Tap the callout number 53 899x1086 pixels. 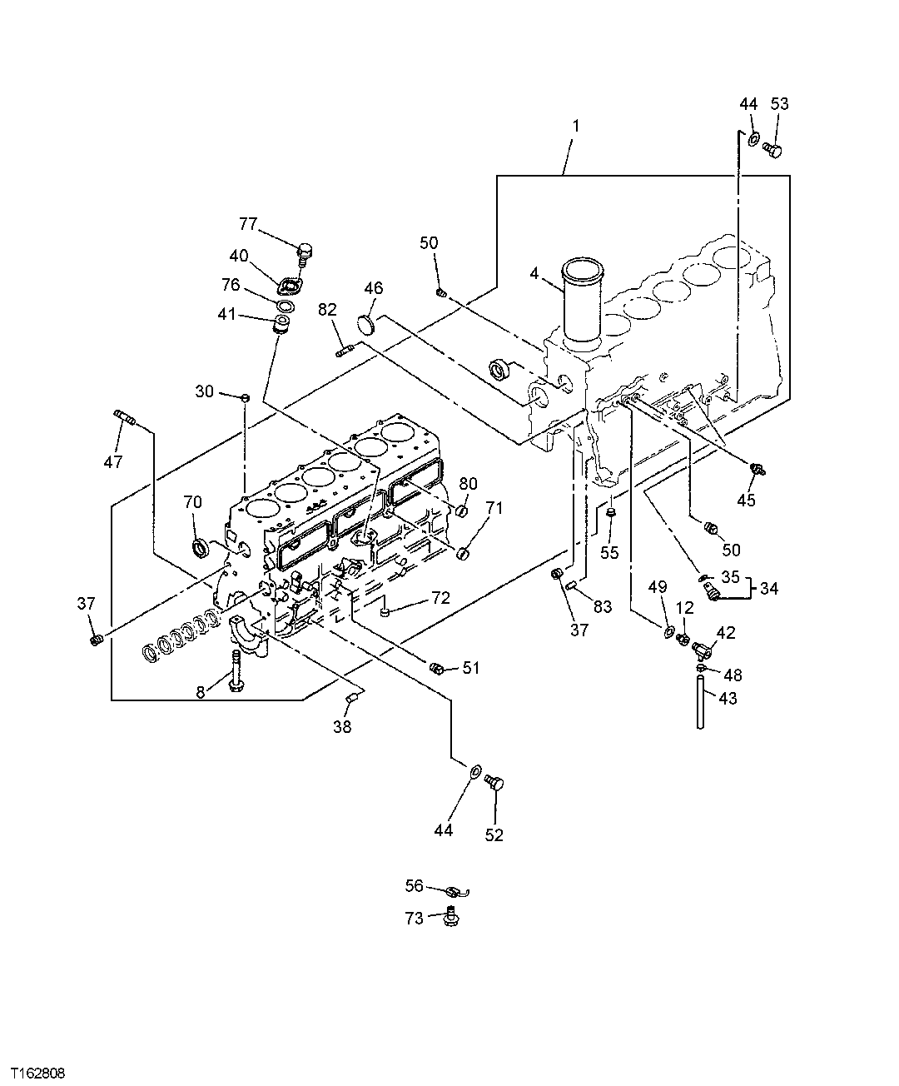pyautogui.click(x=779, y=104)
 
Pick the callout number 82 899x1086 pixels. pyautogui.click(x=327, y=310)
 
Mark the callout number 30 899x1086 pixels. pyautogui.click(x=205, y=391)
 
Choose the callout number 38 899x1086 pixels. pyautogui.click(x=342, y=726)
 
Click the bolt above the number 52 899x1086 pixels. pyautogui.click(x=497, y=782)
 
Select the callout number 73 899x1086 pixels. pyautogui.click(x=415, y=918)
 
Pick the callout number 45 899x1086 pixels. pyautogui.click(x=746, y=500)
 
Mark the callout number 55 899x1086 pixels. pyautogui.click(x=610, y=551)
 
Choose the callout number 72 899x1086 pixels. pyautogui.click(x=440, y=598)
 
